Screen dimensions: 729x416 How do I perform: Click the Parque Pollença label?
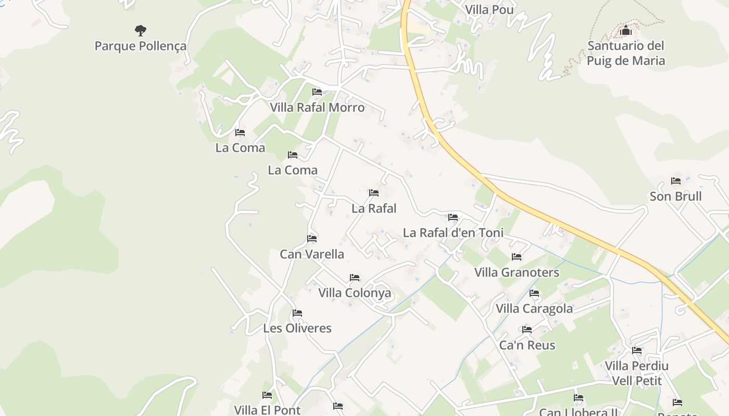[x=140, y=46]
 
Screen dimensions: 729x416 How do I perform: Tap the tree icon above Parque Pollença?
[x=140, y=30]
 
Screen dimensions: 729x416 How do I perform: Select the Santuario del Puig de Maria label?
[x=625, y=53]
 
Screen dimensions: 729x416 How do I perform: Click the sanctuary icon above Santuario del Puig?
[x=626, y=31]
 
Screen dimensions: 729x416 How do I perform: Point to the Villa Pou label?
[x=489, y=9]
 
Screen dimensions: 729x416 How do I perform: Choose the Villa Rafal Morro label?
[x=317, y=108]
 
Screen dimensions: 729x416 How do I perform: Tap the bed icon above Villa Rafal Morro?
[x=317, y=92]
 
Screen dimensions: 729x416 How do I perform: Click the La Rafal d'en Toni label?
[x=453, y=232]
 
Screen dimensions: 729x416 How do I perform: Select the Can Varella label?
[x=312, y=254]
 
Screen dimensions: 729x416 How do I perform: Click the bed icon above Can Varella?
[x=312, y=239]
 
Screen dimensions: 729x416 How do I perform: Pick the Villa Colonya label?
[x=355, y=293]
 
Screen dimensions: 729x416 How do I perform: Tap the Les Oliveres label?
[x=297, y=328]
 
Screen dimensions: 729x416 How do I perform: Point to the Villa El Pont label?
[x=267, y=410]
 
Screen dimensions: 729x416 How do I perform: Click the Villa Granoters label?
[x=517, y=272]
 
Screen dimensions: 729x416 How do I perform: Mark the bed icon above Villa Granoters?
[x=517, y=257]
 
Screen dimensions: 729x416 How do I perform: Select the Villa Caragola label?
[x=534, y=308]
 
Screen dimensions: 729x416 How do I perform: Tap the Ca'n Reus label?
[x=527, y=345]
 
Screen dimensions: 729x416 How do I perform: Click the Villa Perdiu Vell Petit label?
[x=636, y=373]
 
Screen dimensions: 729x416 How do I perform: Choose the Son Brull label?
[x=675, y=196]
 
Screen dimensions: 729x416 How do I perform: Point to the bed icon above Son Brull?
[x=676, y=181]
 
